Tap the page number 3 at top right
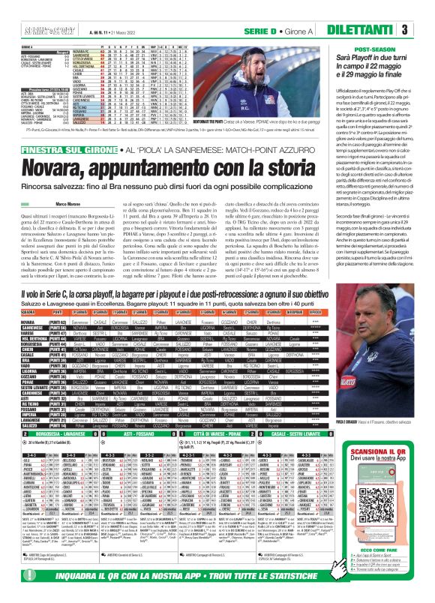(425, 29)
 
